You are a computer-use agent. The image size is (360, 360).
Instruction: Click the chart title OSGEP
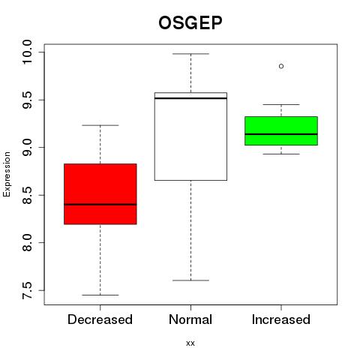[x=190, y=22]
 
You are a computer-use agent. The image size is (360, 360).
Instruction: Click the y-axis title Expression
[x=7, y=174]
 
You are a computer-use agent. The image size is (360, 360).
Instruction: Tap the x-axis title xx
[x=190, y=343]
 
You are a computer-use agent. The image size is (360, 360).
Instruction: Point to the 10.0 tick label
[x=27, y=52]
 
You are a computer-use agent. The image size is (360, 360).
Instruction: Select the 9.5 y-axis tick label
[x=27, y=100]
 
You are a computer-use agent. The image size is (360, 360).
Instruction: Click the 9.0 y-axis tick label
[x=27, y=148]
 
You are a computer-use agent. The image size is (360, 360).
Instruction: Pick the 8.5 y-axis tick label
[x=27, y=195]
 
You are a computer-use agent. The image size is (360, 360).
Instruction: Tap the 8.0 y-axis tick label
[x=27, y=243]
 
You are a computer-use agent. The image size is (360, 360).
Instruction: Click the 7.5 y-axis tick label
[x=27, y=290]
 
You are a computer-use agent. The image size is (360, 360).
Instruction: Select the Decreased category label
[x=100, y=319]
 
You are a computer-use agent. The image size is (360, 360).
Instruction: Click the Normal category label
[x=190, y=319]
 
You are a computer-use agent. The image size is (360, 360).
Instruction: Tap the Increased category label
[x=281, y=319]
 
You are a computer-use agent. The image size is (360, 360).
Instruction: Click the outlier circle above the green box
[x=281, y=66]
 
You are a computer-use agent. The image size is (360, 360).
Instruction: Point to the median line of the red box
[x=100, y=205]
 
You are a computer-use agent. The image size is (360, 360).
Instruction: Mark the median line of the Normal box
[x=190, y=98]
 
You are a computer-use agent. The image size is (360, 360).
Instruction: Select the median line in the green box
[x=281, y=134]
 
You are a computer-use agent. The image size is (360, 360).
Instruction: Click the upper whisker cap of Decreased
[x=100, y=125]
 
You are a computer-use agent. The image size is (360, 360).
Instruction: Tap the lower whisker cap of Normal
[x=190, y=280]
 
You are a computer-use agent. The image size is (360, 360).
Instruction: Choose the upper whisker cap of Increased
[x=281, y=104]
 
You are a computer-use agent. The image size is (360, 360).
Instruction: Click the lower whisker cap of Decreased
[x=100, y=295]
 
